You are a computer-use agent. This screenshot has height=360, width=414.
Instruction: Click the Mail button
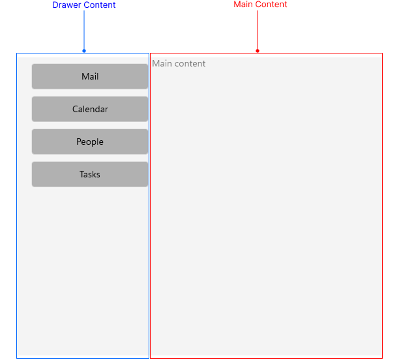(x=90, y=76)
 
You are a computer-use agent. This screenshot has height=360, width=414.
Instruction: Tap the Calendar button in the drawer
(x=90, y=109)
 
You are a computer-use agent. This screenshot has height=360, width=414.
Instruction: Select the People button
(x=90, y=142)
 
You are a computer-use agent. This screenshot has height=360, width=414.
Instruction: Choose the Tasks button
(x=90, y=174)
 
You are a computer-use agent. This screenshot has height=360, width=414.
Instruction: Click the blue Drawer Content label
(x=84, y=5)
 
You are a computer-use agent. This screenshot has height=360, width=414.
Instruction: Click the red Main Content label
(x=260, y=5)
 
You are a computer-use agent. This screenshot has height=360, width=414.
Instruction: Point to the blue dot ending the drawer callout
(x=84, y=51)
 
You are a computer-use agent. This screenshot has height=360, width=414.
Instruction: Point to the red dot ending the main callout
(x=258, y=51)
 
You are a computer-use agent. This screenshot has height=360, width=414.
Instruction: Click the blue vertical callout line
(x=84, y=29)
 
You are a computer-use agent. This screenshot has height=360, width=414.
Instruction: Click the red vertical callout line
(x=258, y=29)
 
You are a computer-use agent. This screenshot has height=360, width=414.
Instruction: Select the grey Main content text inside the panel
(x=179, y=63)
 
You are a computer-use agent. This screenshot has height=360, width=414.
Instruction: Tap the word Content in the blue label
(x=100, y=5)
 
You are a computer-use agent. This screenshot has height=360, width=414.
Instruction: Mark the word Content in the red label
(x=271, y=5)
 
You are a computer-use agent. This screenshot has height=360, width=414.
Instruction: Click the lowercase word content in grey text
(x=191, y=63)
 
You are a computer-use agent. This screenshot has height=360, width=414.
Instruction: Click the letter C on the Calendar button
(x=75, y=109)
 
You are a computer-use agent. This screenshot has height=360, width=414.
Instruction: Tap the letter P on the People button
(x=79, y=142)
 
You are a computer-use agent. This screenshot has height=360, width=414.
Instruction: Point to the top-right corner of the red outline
(x=382, y=53)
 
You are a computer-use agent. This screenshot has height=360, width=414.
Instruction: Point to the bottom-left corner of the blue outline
(x=17, y=357)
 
